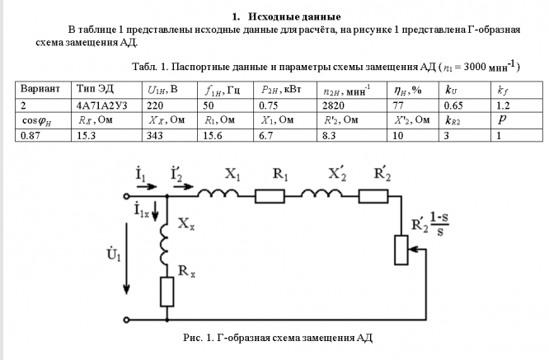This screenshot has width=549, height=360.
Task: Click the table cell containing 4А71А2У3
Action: tap(106, 105)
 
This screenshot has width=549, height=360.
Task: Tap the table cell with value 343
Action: tap(170, 135)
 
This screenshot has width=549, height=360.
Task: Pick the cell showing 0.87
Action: tap(43, 135)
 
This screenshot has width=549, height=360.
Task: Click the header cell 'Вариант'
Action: tap(43, 90)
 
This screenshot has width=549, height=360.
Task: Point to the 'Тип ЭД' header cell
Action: tap(106, 90)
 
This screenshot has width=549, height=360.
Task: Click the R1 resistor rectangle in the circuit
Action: tap(270, 196)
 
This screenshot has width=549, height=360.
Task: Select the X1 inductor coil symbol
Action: tap(218, 193)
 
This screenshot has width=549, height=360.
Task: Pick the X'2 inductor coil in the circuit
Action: tap(321, 193)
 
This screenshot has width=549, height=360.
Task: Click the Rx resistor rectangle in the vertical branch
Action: tap(167, 292)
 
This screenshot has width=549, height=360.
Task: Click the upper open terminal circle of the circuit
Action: tap(126, 196)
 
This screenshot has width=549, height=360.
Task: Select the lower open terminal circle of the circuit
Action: tap(126, 320)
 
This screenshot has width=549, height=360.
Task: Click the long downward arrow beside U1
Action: tap(126, 259)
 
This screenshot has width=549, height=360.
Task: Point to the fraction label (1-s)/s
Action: tap(439, 224)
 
